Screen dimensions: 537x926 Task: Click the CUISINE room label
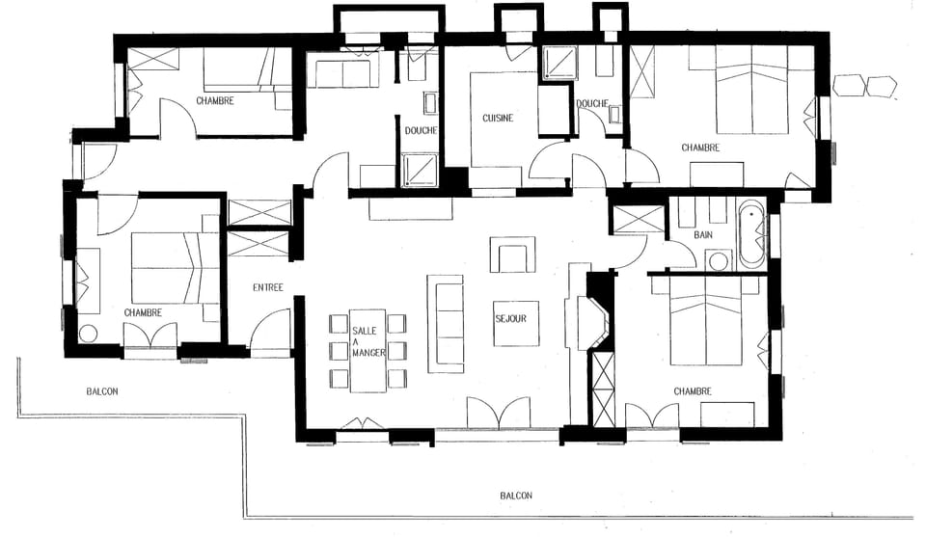pos(498,119)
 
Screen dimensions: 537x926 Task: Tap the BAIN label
pos(702,235)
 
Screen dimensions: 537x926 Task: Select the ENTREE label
pos(267,287)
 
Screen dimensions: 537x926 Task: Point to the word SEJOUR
pos(511,317)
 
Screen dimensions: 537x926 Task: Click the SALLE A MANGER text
pos(368,341)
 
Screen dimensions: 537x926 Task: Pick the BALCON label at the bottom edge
pos(516,497)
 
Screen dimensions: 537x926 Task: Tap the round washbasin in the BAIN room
pos(716,260)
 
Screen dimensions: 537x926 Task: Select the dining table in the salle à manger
pos(368,351)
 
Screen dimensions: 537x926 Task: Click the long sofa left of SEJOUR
pos(446,323)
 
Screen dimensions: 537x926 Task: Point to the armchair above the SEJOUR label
pos(510,257)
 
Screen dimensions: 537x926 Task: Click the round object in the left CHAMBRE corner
pos(89,334)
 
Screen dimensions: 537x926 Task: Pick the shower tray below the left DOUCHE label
pos(419,170)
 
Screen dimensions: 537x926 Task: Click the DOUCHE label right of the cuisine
pos(590,104)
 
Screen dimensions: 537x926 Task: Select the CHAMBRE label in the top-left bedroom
pos(214,100)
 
